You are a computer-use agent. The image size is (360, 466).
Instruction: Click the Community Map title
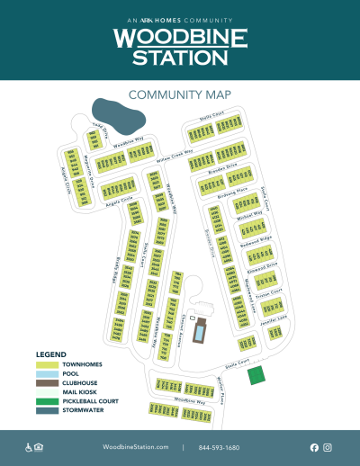pos(180,94)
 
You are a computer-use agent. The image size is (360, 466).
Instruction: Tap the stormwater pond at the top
pos(121,116)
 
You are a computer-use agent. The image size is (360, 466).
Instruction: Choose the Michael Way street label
pos(249,214)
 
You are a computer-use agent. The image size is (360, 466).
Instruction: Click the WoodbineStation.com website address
pos(135,447)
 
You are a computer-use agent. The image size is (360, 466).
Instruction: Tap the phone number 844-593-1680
pos(220,447)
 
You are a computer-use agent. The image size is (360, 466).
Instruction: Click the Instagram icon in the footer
pos(328,447)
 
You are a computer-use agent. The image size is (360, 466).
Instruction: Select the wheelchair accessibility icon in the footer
pos(28,447)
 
